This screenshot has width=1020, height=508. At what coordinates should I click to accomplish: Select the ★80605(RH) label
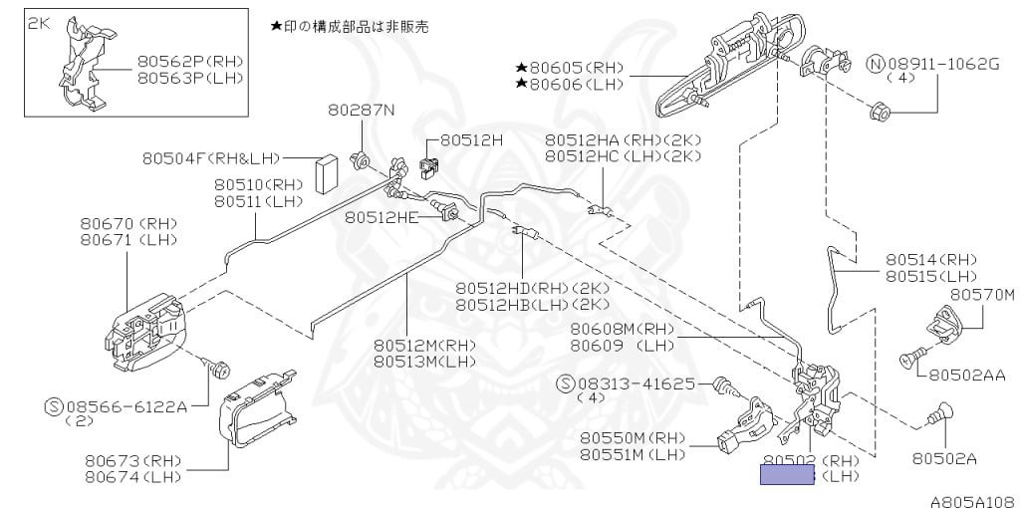click(x=570, y=69)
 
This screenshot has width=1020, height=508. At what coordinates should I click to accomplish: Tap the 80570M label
click(x=981, y=295)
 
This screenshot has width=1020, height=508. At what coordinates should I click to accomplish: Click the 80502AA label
click(x=968, y=376)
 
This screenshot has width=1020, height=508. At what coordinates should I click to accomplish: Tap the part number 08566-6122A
click(x=127, y=406)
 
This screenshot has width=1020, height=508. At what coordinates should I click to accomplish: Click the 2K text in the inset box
click(x=38, y=22)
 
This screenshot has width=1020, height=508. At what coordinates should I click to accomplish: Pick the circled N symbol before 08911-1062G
click(x=876, y=65)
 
